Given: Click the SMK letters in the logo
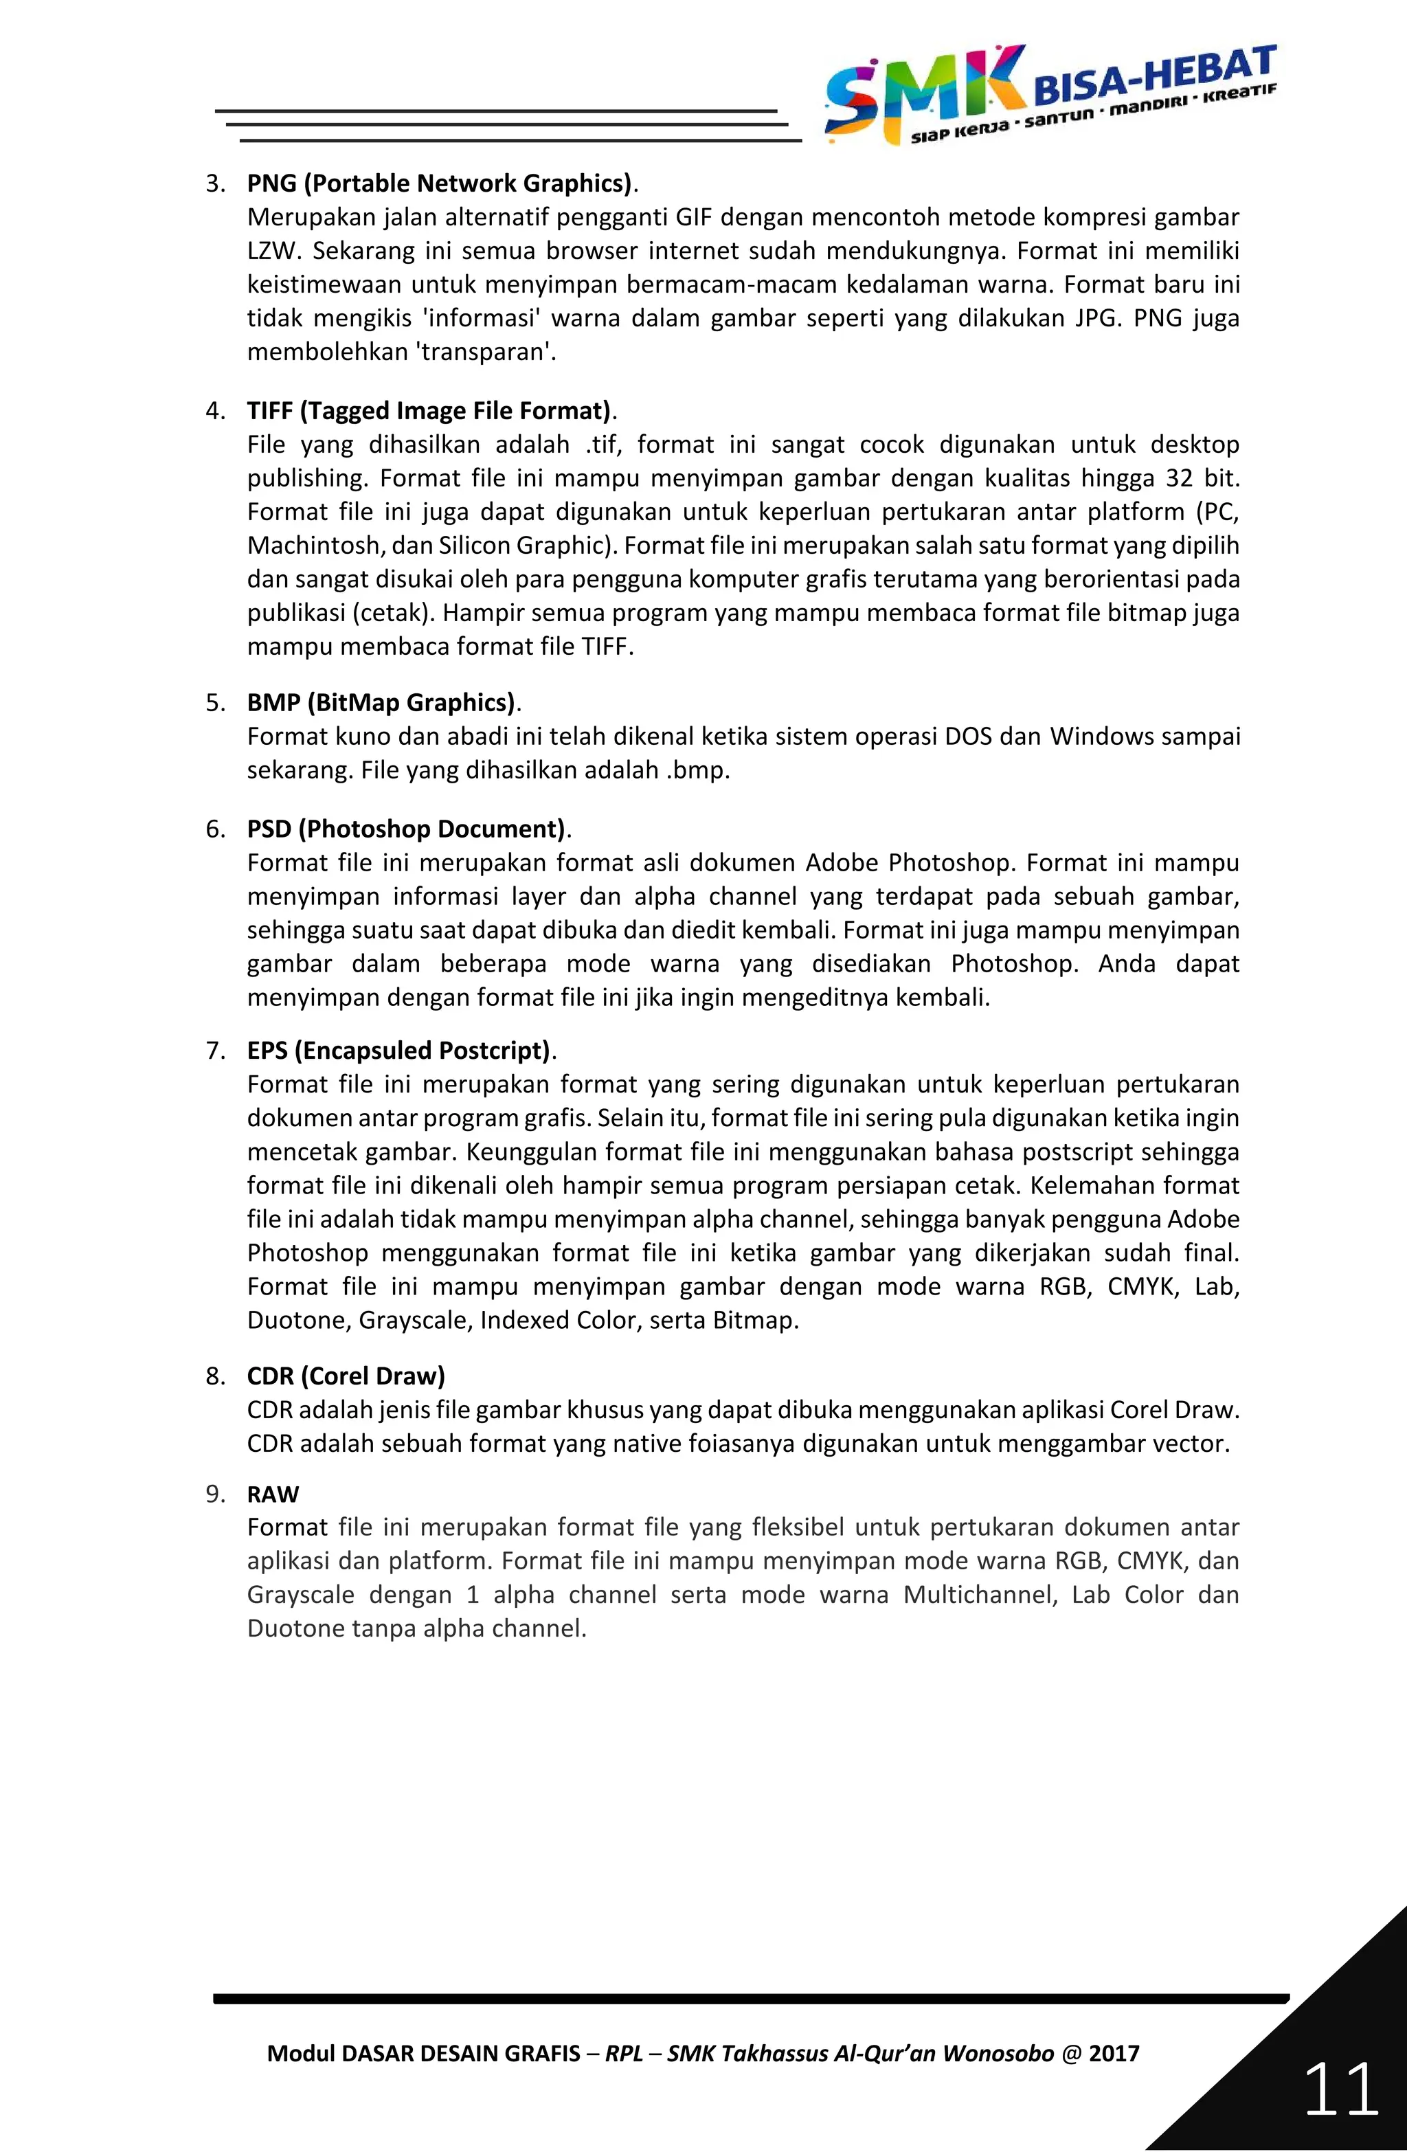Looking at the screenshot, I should click(923, 91).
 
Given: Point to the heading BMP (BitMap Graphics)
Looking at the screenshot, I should click(381, 703).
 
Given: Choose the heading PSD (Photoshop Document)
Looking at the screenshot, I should click(406, 829).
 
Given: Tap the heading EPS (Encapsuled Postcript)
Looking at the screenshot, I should click(398, 1051).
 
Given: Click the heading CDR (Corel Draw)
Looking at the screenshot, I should click(346, 1376).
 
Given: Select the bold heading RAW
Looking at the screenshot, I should click(272, 1494).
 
